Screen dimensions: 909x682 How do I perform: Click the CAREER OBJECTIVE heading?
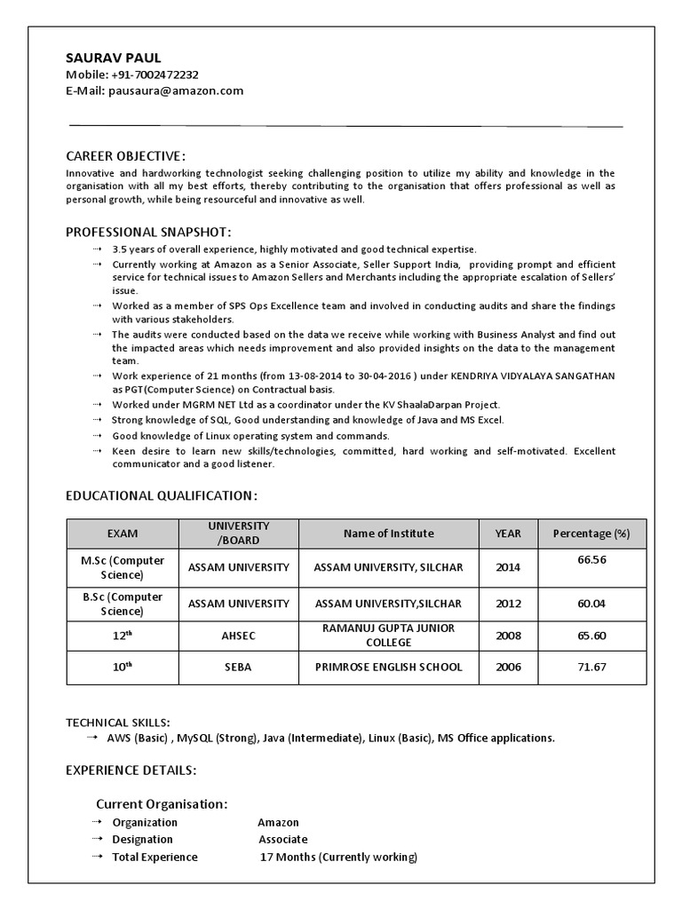[126, 156]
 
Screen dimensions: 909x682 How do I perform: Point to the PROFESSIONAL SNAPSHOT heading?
[148, 233]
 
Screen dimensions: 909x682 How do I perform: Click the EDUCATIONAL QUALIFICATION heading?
[163, 494]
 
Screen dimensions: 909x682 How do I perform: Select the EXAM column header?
[123, 534]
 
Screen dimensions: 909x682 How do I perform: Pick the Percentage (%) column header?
[591, 534]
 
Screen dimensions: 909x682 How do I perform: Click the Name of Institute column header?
[388, 534]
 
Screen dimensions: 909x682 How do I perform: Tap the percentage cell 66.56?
[591, 560]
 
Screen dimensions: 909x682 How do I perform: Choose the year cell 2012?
[508, 604]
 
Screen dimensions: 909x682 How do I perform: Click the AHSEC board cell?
[238, 636]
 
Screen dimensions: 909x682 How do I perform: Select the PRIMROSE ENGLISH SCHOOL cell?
[388, 667]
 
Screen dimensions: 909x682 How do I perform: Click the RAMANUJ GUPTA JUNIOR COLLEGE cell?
[388, 635]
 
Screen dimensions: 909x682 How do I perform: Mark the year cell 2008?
[508, 636]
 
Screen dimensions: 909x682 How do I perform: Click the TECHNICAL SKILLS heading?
[118, 723]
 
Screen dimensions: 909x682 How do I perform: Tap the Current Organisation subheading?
[162, 803]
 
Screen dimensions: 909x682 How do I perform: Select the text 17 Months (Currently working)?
[338, 857]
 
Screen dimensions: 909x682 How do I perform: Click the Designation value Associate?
[282, 839]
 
